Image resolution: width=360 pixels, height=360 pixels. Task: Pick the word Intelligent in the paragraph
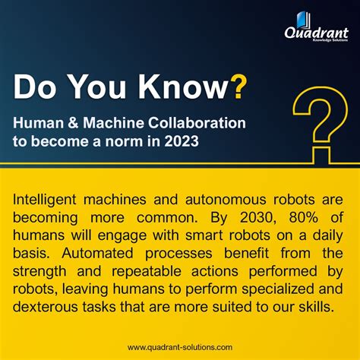[50, 198]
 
